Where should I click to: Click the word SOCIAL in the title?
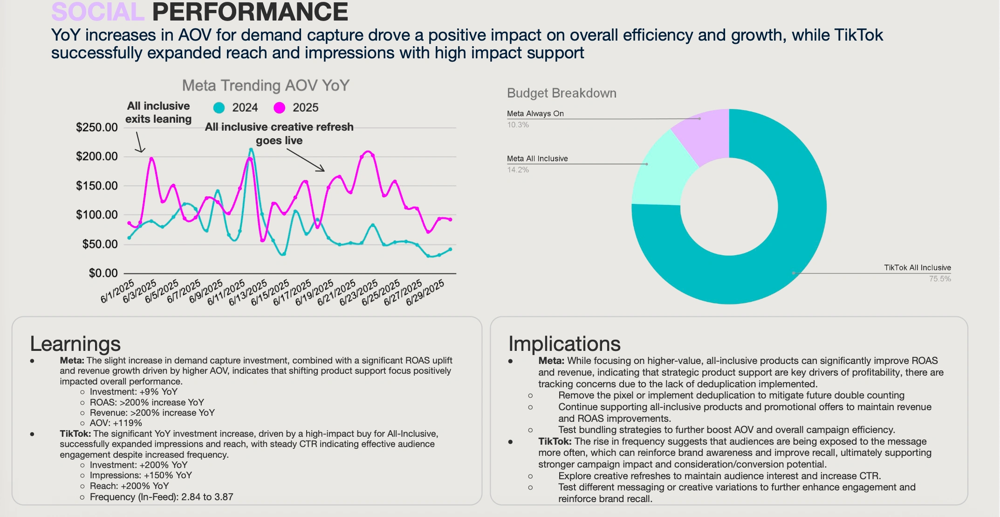click(x=98, y=12)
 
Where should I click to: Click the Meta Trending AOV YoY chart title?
click(x=266, y=85)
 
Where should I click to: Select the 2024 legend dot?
click(x=219, y=108)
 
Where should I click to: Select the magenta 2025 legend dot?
click(x=280, y=108)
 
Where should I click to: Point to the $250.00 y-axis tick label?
click(x=97, y=127)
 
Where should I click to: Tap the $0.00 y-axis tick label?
click(x=103, y=273)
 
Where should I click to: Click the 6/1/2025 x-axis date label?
click(x=118, y=291)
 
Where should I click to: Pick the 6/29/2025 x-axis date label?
click(x=425, y=293)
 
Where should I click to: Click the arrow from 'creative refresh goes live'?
click(x=306, y=160)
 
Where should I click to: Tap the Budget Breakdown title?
click(x=562, y=93)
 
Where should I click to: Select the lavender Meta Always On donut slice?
click(x=705, y=135)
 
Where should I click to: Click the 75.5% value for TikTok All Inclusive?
click(x=940, y=279)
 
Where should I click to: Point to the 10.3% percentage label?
click(x=518, y=125)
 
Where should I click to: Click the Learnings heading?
click(x=75, y=344)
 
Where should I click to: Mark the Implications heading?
click(x=564, y=344)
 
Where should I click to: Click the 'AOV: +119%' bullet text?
click(x=116, y=423)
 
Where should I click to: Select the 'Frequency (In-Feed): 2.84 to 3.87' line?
click(x=161, y=497)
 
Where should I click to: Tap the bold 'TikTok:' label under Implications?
click(x=555, y=441)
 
